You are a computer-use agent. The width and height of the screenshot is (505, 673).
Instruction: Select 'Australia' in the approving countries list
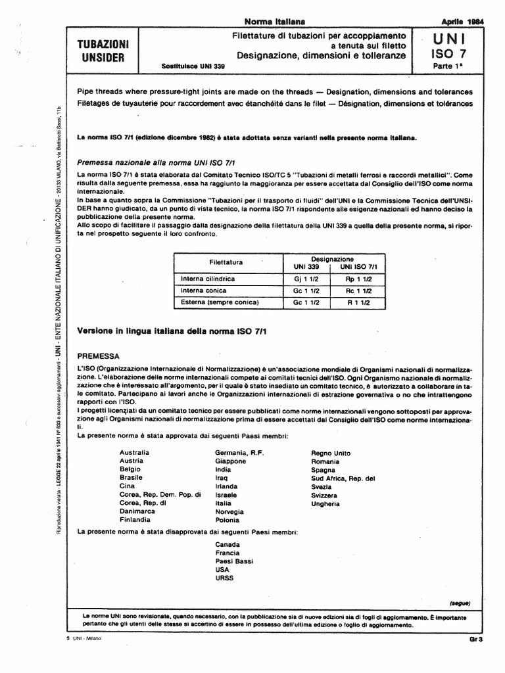(134, 453)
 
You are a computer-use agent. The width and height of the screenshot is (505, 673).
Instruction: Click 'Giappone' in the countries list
(231, 461)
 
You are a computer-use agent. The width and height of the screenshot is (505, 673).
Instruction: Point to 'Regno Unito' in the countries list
(331, 453)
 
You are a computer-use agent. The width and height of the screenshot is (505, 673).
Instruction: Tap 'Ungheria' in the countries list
(325, 503)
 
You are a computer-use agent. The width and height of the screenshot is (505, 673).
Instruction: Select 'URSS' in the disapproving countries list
(224, 578)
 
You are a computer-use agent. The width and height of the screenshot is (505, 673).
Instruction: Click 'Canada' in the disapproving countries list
(228, 544)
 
